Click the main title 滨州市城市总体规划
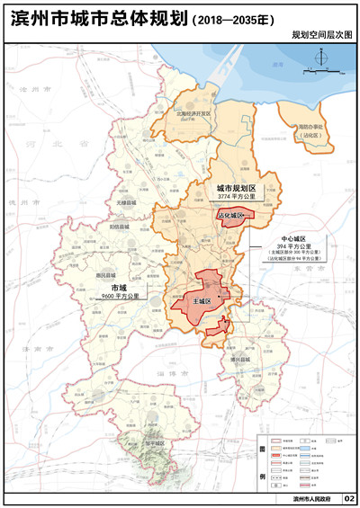(x=96, y=16)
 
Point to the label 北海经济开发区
(x=193, y=114)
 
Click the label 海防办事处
(x=310, y=128)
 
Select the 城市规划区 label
(x=236, y=186)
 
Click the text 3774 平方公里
(x=236, y=195)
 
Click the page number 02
(x=349, y=498)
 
